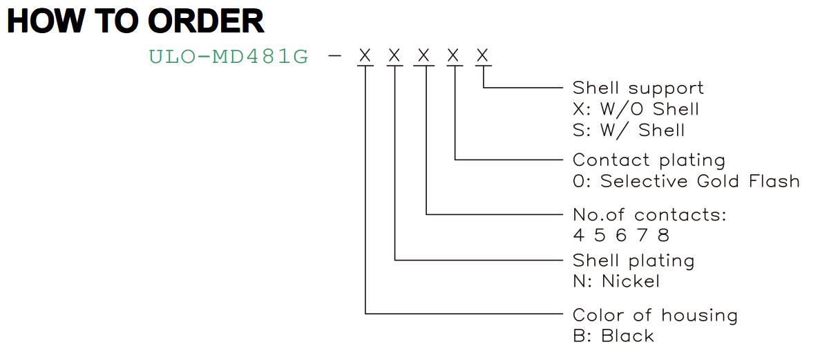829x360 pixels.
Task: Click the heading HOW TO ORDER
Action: point(135,21)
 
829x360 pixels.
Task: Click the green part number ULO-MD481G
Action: point(229,57)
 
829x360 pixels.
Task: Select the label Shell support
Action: point(638,88)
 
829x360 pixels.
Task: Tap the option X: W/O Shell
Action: point(636,109)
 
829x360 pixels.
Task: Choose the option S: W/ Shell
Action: point(629,130)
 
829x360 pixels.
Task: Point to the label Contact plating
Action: point(649,160)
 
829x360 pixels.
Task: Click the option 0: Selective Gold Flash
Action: point(686,181)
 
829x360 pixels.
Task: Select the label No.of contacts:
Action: point(649,215)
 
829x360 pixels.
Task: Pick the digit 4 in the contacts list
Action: point(578,236)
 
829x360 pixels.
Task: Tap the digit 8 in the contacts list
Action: point(664,236)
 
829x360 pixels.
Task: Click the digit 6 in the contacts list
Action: point(621,236)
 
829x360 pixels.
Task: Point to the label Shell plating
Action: point(633,260)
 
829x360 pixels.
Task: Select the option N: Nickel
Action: point(616,281)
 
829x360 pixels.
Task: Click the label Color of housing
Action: point(655,316)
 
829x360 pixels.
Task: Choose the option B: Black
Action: point(613,336)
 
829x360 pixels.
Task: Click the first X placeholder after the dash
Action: point(365,56)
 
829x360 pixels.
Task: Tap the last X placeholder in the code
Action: point(482,56)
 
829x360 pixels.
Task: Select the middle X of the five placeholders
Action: point(423,56)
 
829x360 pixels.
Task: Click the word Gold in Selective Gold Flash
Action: point(718,181)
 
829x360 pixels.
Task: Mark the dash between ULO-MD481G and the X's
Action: point(334,56)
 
